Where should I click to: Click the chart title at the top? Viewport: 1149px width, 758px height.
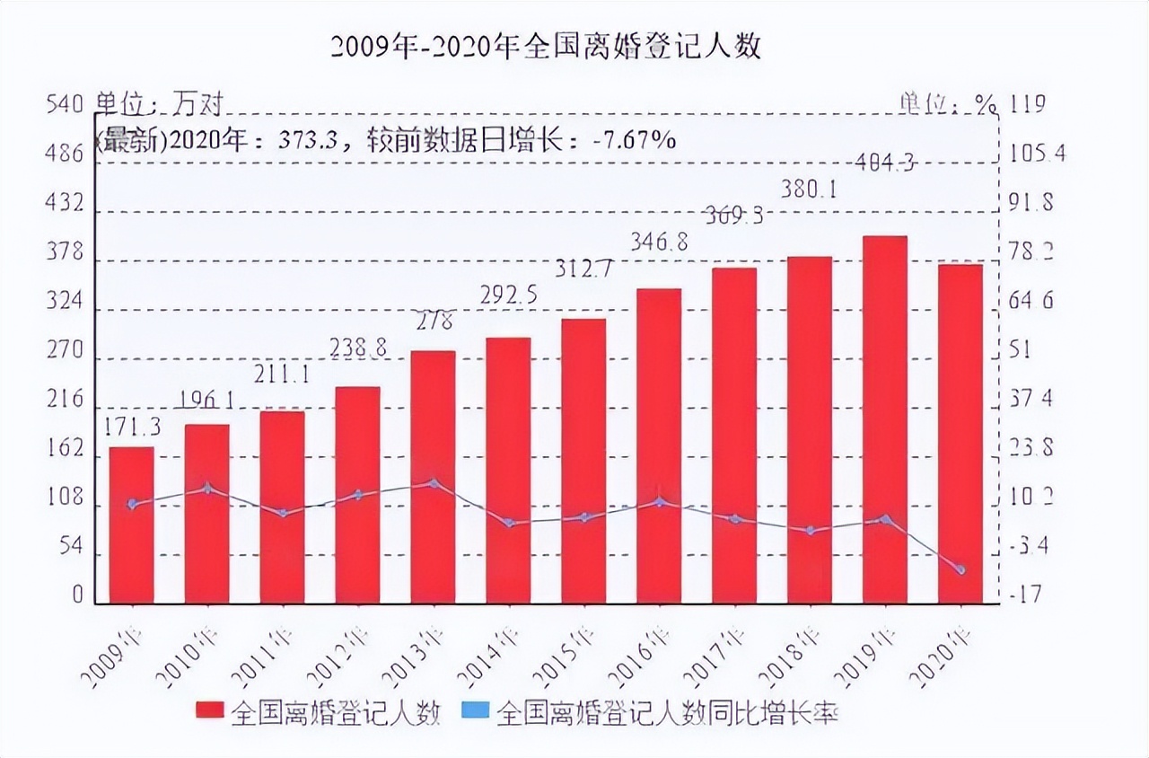click(546, 46)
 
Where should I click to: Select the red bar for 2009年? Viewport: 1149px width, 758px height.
click(132, 524)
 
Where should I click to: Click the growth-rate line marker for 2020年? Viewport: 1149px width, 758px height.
click(960, 569)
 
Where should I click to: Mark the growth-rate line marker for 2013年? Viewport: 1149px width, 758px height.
click(434, 483)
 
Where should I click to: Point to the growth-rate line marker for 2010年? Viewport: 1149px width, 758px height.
click(207, 489)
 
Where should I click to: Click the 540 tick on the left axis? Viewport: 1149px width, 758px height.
click(65, 106)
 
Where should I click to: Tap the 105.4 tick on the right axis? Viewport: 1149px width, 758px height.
click(1037, 154)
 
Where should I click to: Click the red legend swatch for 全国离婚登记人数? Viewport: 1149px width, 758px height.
click(210, 712)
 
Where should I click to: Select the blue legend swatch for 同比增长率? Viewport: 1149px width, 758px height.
click(476, 712)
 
